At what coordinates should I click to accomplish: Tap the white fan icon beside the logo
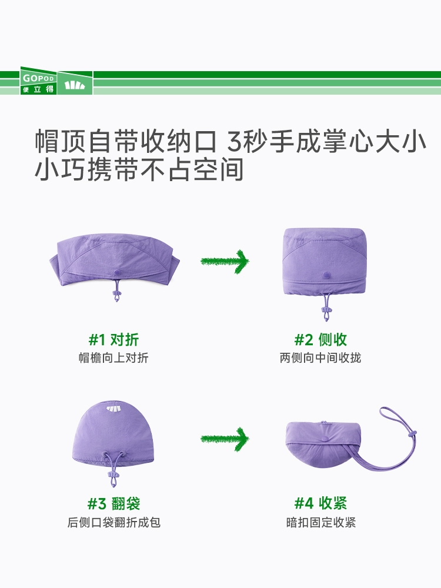[75, 85]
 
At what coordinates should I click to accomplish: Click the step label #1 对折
[113, 340]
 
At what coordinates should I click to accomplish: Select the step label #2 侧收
[320, 340]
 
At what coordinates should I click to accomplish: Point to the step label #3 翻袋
[113, 503]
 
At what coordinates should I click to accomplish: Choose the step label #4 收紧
[320, 503]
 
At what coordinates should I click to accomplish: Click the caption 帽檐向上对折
[113, 358]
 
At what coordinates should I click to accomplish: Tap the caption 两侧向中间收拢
[320, 358]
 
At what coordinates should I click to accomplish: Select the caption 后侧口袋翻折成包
[114, 522]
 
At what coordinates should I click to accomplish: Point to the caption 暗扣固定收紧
[321, 522]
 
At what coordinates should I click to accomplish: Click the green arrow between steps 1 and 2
[225, 261]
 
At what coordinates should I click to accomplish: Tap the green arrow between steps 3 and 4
[225, 439]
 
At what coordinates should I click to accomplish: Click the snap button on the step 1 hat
[116, 272]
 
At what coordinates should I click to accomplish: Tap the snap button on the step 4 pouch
[325, 438]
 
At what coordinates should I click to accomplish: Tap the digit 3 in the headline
[235, 141]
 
